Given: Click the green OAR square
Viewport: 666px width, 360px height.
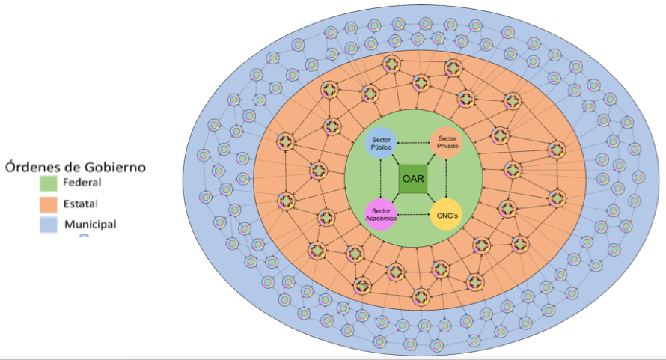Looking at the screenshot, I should click(413, 178).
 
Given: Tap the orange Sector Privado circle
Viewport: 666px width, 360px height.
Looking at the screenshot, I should click(446, 142).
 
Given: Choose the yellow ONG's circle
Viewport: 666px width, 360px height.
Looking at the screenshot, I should click(446, 215).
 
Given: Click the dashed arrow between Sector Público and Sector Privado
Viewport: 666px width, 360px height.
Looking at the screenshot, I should click(413, 142).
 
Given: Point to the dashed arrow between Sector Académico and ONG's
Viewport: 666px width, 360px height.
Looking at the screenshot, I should click(413, 215).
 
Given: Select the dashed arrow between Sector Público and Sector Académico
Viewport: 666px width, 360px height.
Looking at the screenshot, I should click(381, 178).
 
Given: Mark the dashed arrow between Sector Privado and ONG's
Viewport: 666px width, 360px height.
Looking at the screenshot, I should click(446, 178).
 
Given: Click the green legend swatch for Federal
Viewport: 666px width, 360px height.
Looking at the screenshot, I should click(49, 182).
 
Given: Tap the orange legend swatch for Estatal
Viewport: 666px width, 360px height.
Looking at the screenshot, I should click(49, 203).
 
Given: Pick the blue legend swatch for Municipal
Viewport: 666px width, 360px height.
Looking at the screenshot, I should click(49, 224).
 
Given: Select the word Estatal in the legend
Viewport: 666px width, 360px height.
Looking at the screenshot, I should click(81, 203).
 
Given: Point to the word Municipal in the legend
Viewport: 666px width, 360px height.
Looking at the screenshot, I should click(90, 224).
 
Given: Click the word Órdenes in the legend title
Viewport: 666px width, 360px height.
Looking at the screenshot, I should click(32, 166).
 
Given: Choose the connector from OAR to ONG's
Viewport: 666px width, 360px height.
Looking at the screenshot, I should click(431, 198).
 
